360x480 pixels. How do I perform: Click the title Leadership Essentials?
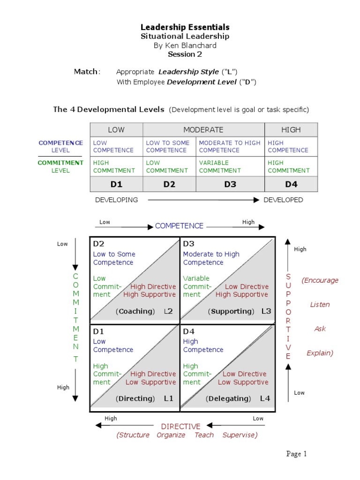tap(185, 27)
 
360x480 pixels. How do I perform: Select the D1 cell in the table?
tap(116, 184)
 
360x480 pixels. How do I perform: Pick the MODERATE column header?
tap(203, 130)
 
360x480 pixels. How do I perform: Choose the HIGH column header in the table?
tap(291, 130)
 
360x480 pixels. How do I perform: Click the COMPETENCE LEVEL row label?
tap(61, 146)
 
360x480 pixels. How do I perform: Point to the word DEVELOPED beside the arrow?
tap(283, 200)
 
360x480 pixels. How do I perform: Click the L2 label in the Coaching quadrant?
tap(168, 311)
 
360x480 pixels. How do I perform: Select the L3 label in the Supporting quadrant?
tap(266, 311)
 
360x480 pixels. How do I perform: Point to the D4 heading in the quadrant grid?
tap(188, 331)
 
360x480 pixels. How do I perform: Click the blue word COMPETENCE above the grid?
tap(179, 226)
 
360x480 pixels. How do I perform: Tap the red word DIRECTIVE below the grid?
tap(180, 427)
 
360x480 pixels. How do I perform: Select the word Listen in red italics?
tap(320, 305)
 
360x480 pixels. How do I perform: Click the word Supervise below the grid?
tap(240, 435)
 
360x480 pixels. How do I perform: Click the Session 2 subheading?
tap(185, 54)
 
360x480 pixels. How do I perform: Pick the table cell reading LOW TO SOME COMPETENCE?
tap(167, 146)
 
